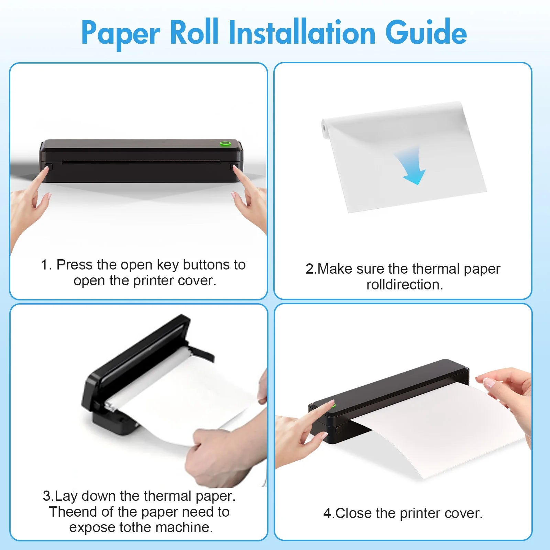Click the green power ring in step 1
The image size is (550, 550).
[225, 143]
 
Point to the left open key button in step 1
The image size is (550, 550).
[49, 167]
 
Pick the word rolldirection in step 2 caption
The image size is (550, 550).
[404, 285]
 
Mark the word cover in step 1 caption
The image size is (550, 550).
[201, 281]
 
